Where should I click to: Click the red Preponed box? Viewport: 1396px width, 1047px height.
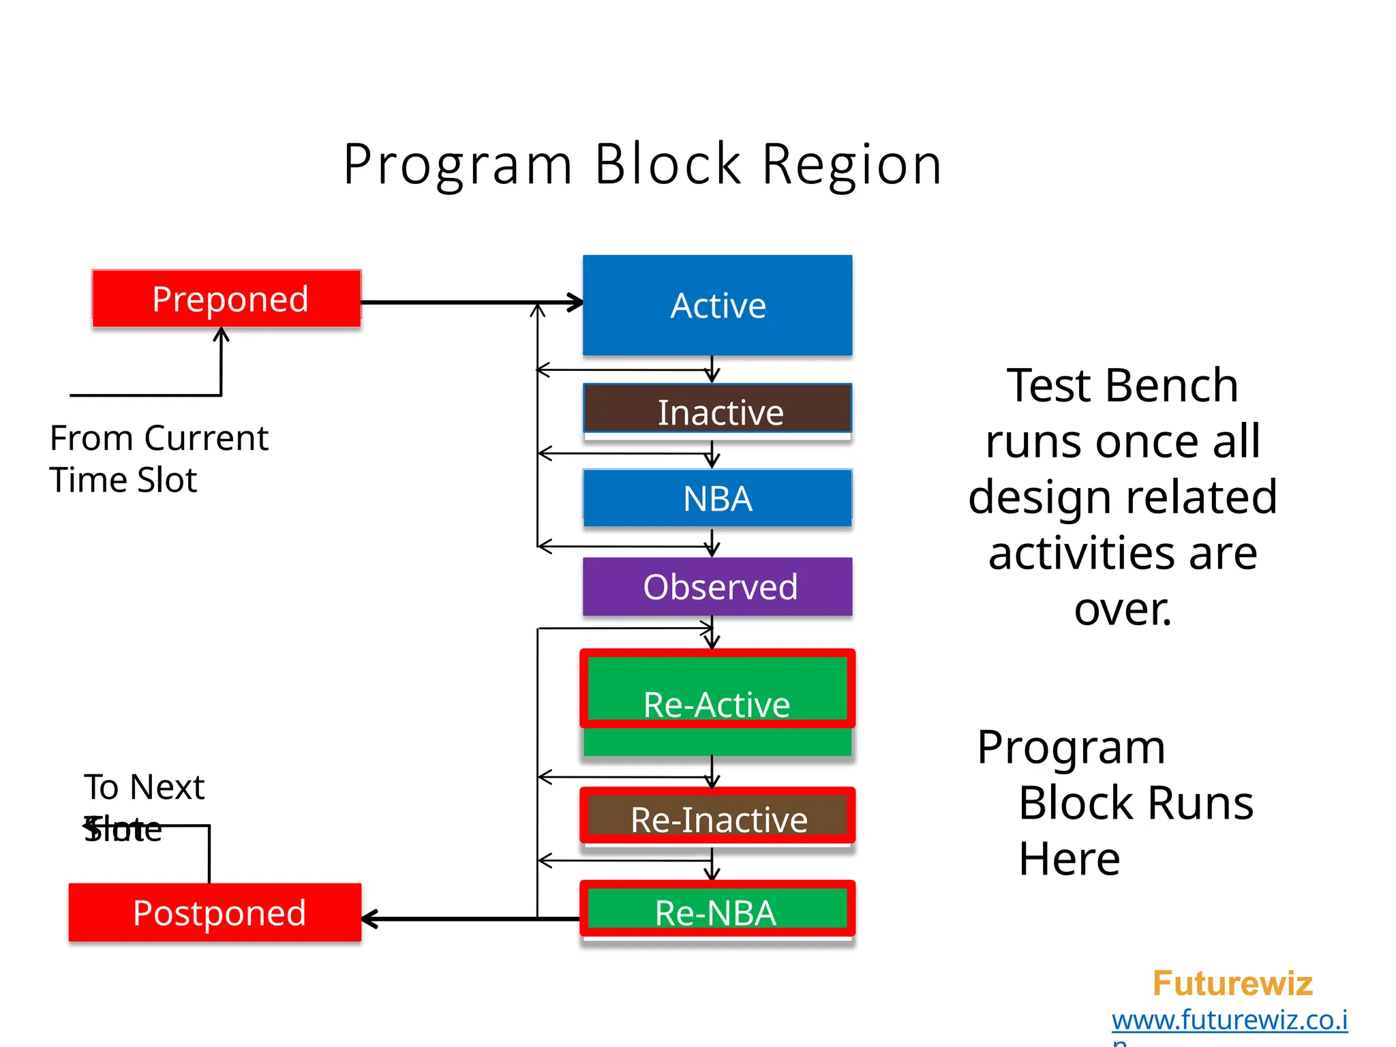pyautogui.click(x=226, y=299)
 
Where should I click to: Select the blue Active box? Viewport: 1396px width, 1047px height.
pyautogui.click(x=717, y=305)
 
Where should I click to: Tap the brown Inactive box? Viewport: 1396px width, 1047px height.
pyautogui.click(x=717, y=410)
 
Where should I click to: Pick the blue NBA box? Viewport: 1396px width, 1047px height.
pyautogui.click(x=717, y=498)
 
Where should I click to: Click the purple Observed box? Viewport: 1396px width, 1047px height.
pyautogui.click(x=717, y=586)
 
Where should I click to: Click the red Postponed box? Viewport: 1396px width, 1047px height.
pyautogui.click(x=215, y=913)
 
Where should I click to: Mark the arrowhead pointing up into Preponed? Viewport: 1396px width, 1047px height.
pyautogui.click(x=221, y=334)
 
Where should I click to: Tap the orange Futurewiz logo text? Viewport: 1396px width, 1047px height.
pyautogui.click(x=1232, y=983)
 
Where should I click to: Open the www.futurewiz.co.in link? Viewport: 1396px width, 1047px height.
pyautogui.click(x=1229, y=1020)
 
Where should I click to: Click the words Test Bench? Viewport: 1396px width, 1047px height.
pyautogui.click(x=1122, y=385)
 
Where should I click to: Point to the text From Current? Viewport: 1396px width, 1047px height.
pyautogui.click(x=159, y=438)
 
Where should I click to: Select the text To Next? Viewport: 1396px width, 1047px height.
pyautogui.click(x=144, y=787)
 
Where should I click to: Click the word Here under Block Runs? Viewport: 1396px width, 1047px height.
pyautogui.click(x=1069, y=858)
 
